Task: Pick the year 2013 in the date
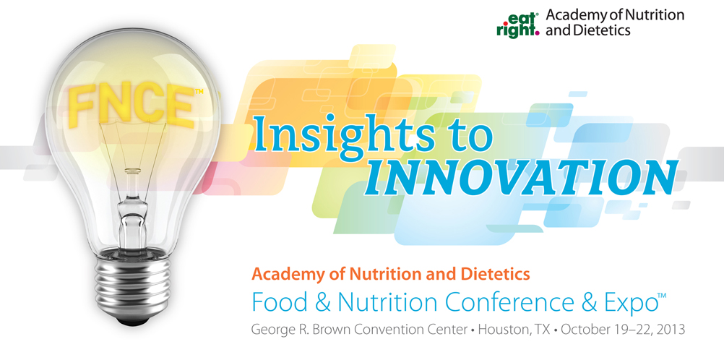pyautogui.click(x=665, y=329)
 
